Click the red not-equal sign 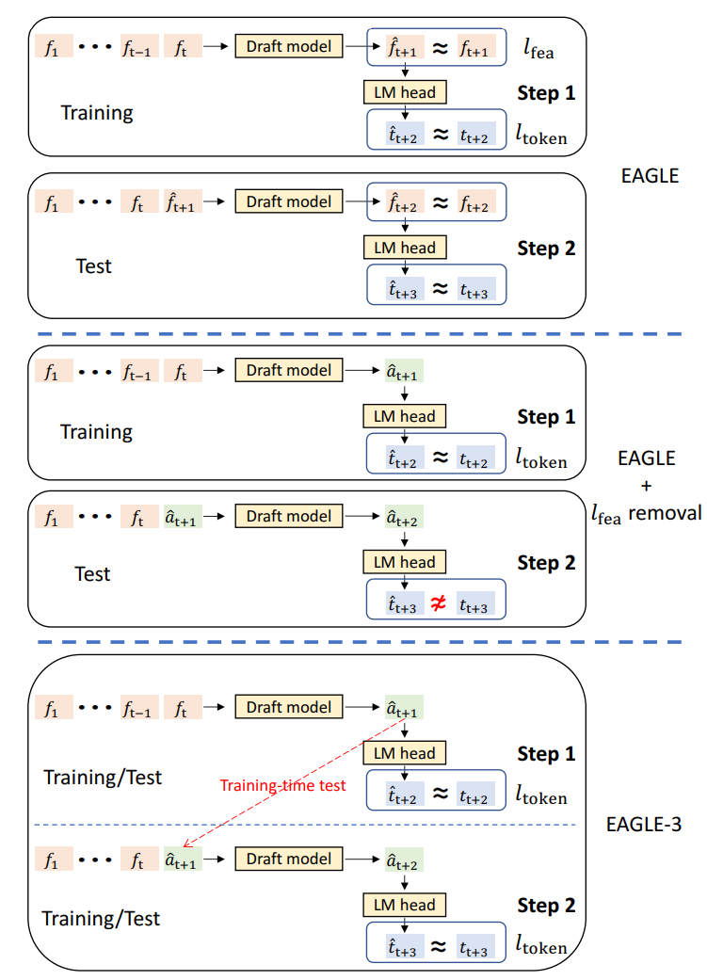(x=438, y=605)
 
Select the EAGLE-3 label (x=645, y=826)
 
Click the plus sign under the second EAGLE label (x=646, y=487)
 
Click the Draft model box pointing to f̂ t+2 (x=289, y=201)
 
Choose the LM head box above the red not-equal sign (x=405, y=562)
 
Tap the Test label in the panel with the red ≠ (x=93, y=573)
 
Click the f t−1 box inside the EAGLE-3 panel (x=139, y=707)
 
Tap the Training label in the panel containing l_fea (x=97, y=113)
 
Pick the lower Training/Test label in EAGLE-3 (x=102, y=918)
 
